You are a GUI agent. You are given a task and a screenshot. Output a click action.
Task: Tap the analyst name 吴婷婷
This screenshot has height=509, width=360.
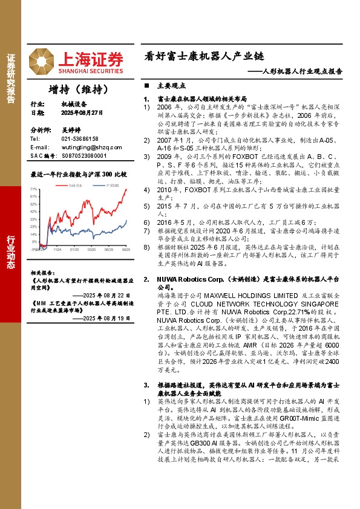pyautogui.click(x=71, y=130)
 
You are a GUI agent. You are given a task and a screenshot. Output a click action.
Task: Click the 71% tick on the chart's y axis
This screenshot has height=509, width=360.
pyautogui.click(x=34, y=189)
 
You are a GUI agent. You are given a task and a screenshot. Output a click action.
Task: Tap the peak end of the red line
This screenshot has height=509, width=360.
pyautogui.click(x=126, y=189)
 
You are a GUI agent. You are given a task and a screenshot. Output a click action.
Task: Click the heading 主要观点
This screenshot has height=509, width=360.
pyautogui.click(x=167, y=86)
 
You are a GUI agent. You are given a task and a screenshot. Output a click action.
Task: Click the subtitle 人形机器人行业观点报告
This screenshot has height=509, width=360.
pyautogui.click(x=299, y=71)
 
